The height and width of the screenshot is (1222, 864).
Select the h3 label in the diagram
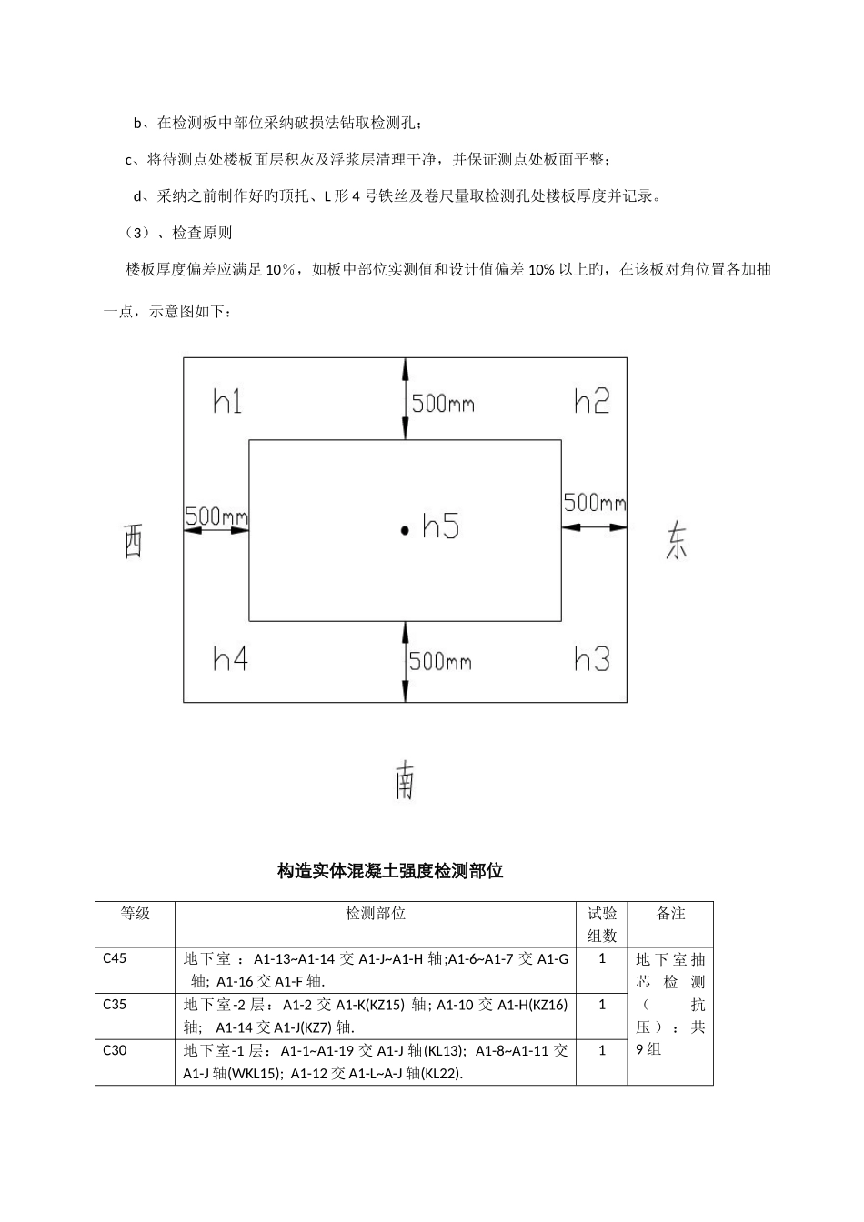592,658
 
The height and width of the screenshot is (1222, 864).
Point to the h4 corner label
230,658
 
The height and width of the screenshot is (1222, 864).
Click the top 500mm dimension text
443,404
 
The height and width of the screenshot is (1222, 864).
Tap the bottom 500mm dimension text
440,661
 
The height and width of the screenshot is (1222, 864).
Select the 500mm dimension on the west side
216,516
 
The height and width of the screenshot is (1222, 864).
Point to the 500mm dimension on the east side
595,502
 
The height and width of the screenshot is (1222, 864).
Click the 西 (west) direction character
133,543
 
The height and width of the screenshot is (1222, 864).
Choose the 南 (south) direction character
405,781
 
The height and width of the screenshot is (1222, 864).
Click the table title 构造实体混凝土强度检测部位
390,871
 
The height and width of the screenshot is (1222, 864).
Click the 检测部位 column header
376,914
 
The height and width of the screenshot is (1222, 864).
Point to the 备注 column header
670,914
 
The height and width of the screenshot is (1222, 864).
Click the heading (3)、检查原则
178,233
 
